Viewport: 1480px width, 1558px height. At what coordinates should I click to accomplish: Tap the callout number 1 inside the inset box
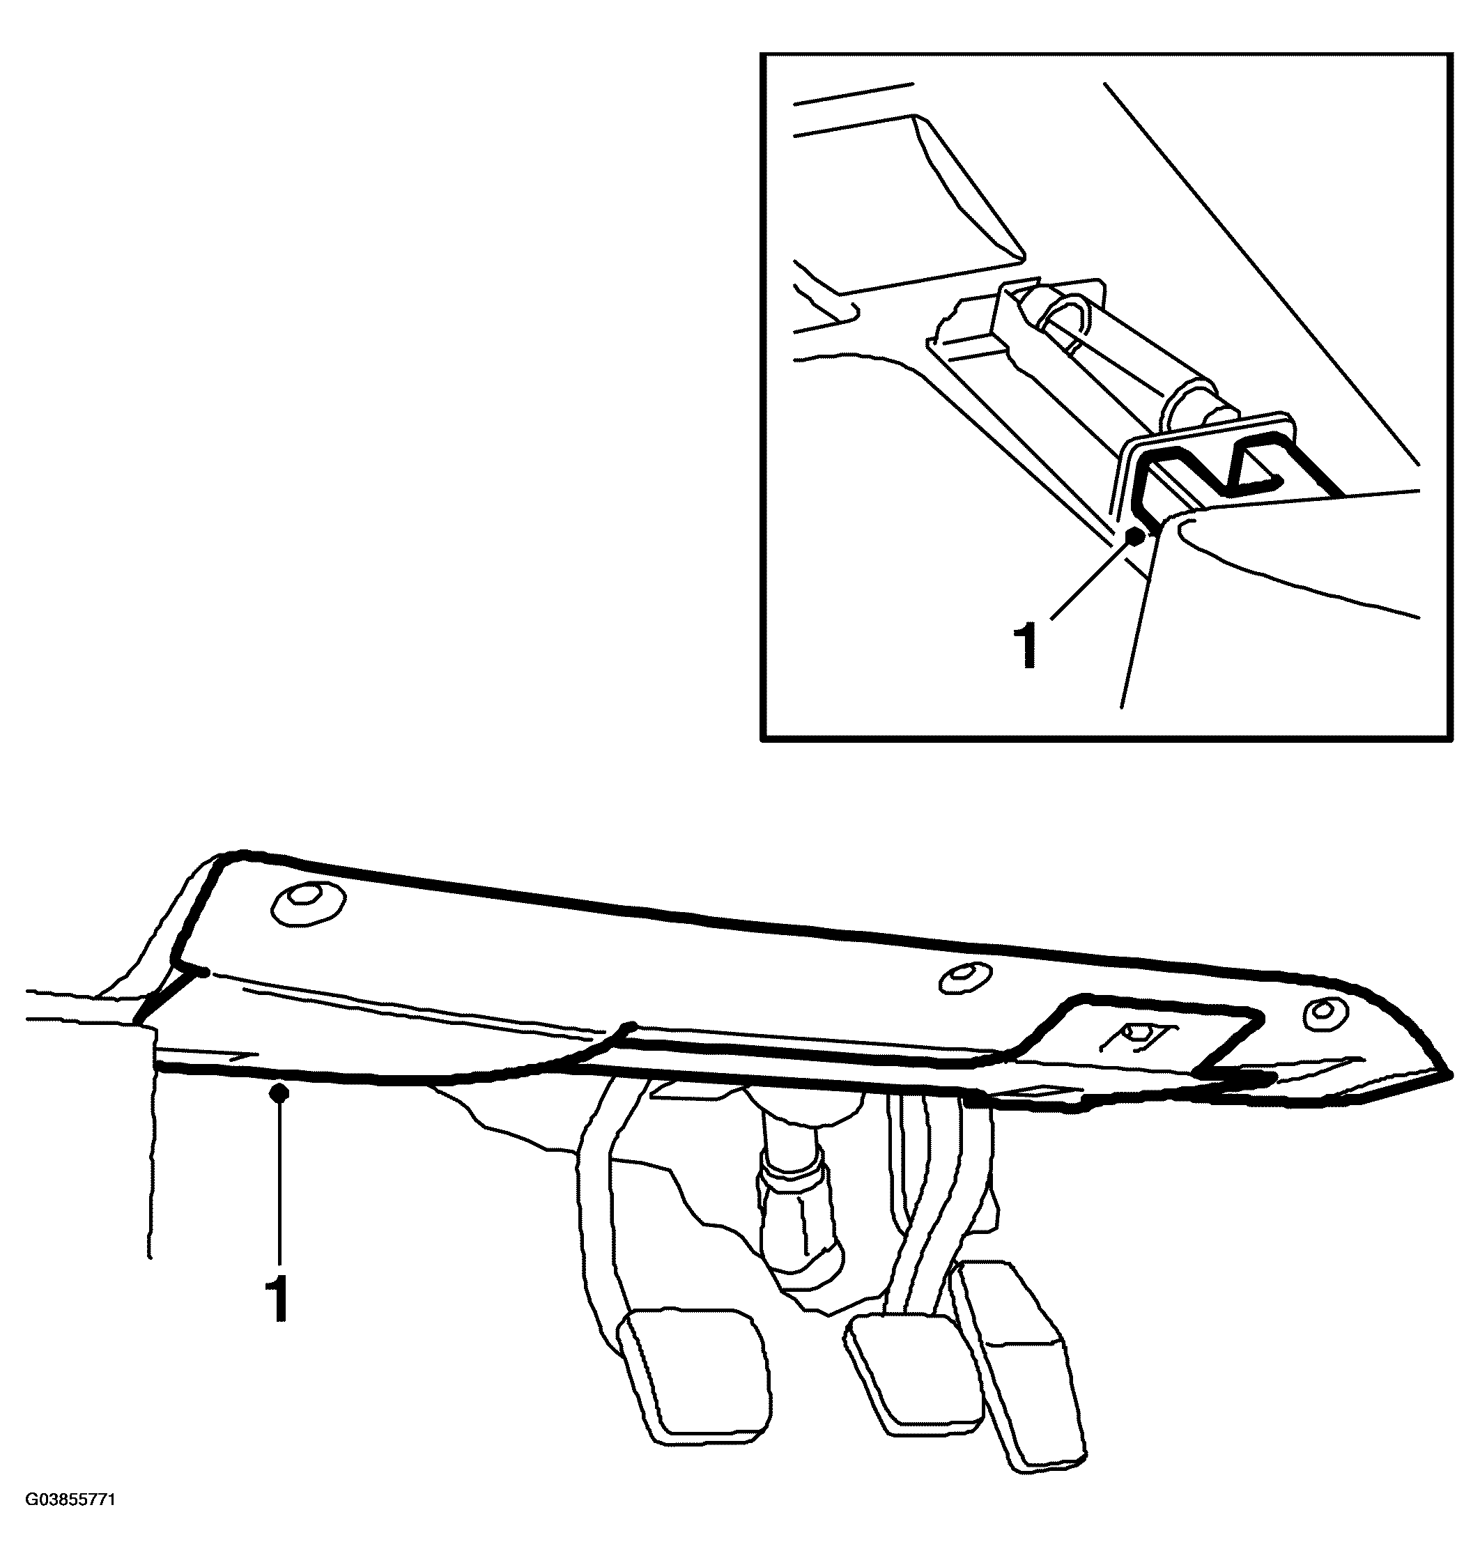pyautogui.click(x=1027, y=645)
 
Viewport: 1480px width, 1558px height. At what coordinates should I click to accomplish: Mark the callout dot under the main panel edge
pyautogui.click(x=278, y=1093)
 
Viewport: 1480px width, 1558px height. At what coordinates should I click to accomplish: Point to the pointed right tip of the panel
pyautogui.click(x=1450, y=1074)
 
